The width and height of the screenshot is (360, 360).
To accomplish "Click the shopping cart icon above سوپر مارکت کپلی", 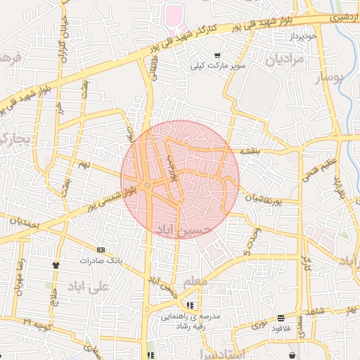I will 217,56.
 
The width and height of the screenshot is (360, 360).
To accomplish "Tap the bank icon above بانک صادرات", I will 101,250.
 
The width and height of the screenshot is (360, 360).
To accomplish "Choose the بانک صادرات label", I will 101,260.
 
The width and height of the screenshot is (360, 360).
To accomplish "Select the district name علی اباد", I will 89,287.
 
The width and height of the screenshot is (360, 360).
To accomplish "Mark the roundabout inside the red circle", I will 148,185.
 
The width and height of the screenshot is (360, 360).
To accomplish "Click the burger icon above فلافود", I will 281,318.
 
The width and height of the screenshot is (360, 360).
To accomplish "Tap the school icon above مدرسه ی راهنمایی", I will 191,306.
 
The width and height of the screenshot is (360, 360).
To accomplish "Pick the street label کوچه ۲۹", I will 36,324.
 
